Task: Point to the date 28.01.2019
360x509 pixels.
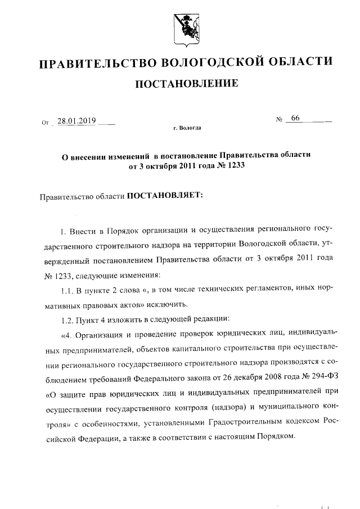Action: pyautogui.click(x=77, y=120)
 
